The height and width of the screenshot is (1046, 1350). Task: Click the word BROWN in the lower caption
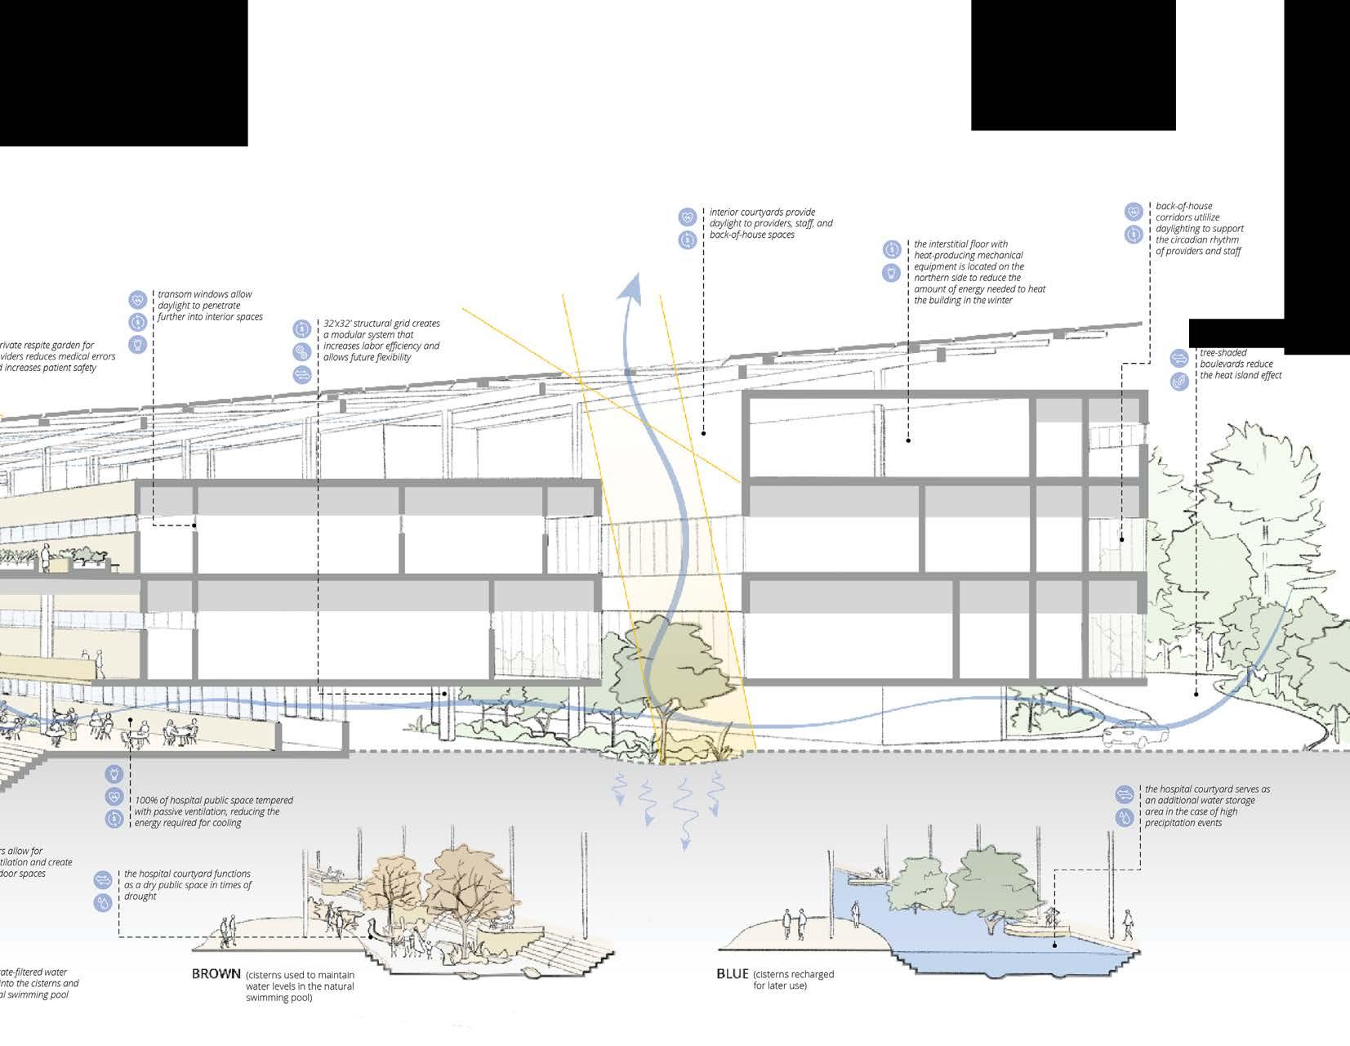click(216, 974)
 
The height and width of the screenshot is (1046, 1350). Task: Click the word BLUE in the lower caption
click(732, 974)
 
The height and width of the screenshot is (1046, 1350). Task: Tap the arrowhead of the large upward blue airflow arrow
click(629, 287)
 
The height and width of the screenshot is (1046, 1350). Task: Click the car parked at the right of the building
click(1130, 734)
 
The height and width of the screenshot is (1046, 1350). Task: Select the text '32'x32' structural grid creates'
click(381, 324)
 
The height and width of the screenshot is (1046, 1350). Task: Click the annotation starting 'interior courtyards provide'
click(762, 212)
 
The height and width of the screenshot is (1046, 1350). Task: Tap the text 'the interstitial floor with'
click(960, 244)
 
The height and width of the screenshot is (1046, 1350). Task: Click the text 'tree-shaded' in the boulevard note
click(1223, 353)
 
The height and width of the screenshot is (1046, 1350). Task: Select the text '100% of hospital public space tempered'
click(214, 800)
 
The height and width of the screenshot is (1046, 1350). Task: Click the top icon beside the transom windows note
click(137, 300)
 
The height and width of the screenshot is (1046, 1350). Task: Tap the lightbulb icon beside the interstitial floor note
click(891, 273)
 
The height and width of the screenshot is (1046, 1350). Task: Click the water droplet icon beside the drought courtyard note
click(103, 902)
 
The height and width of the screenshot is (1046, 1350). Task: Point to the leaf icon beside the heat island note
click(1178, 381)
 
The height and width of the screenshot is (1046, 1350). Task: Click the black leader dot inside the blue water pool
click(1054, 945)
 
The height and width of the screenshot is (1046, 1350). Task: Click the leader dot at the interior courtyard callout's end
click(703, 433)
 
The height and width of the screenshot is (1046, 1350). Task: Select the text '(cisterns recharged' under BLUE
click(793, 975)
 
